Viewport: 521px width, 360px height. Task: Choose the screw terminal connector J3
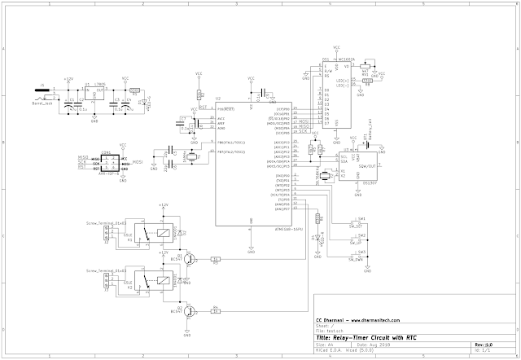pyautogui.click(x=107, y=281)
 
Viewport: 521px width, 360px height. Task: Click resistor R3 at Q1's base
pyautogui.click(x=216, y=260)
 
